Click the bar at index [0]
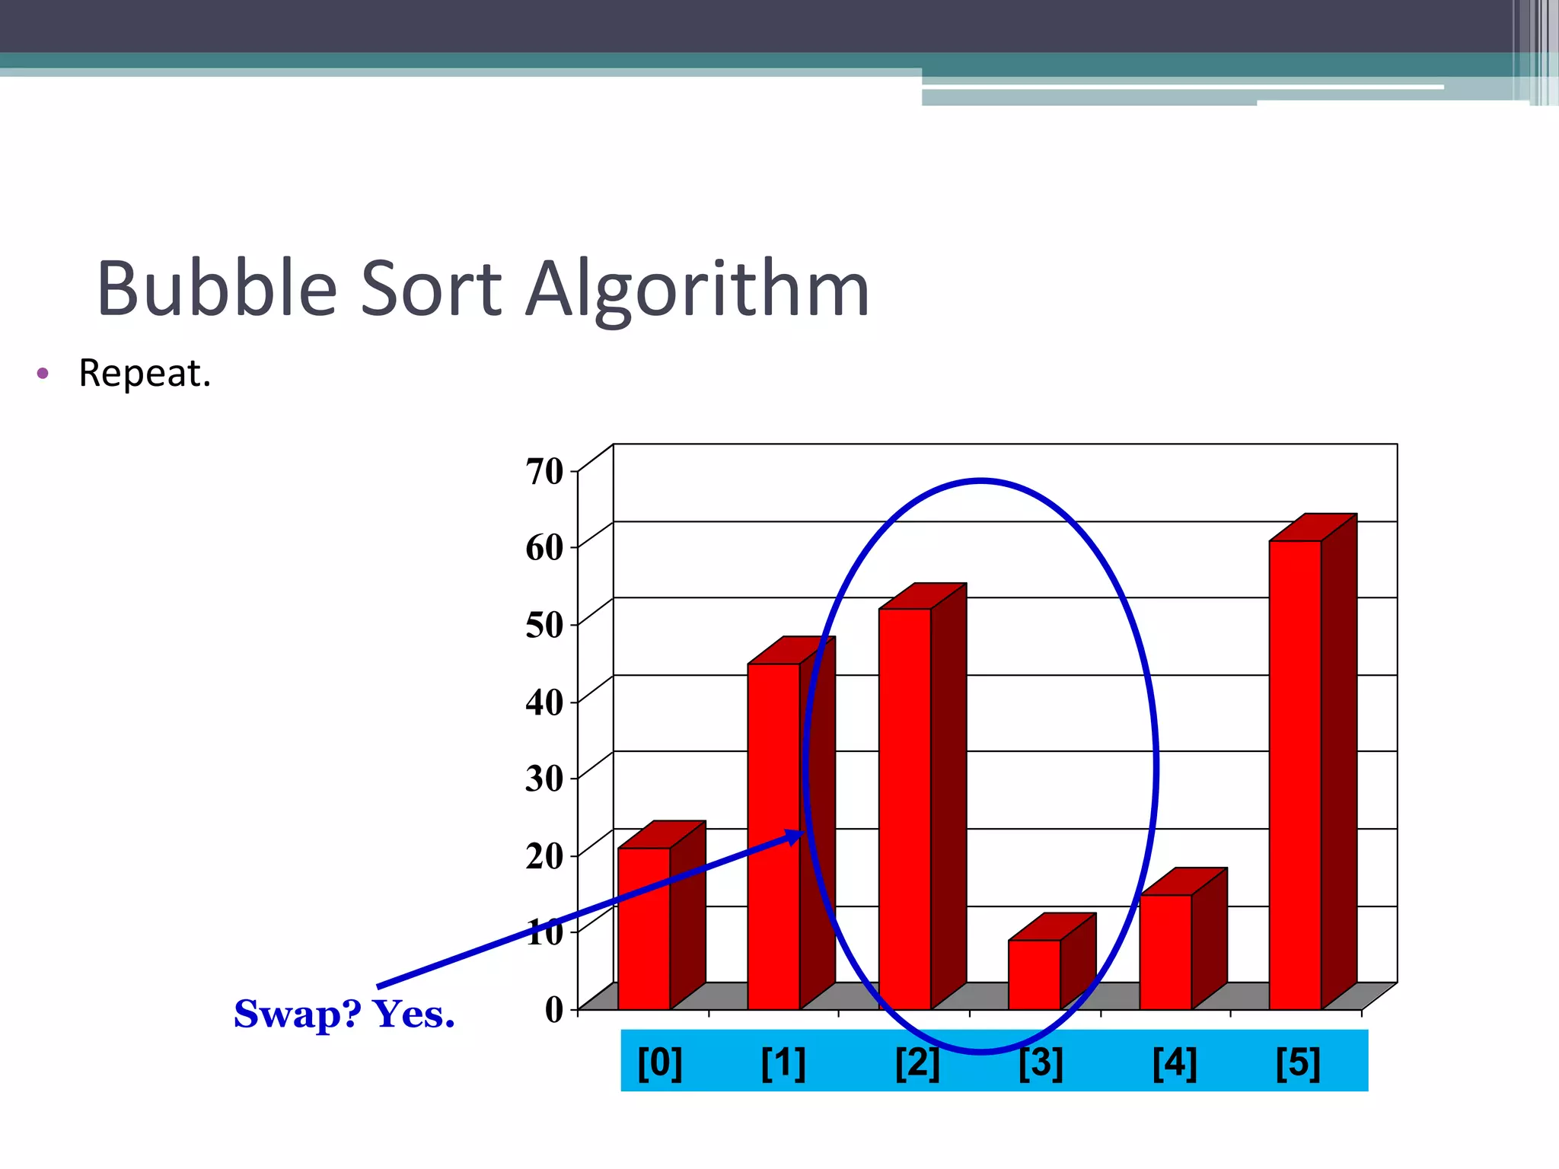coord(644,929)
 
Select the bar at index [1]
coord(773,837)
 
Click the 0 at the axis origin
coord(555,1009)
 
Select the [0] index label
coord(660,1062)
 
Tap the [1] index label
coord(783,1062)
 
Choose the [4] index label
coord(1175,1062)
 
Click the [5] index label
coord(1298,1062)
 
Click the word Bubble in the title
coord(217,289)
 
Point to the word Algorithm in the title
coord(697,289)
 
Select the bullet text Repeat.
coord(145,374)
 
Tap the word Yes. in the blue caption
coord(413,1014)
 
